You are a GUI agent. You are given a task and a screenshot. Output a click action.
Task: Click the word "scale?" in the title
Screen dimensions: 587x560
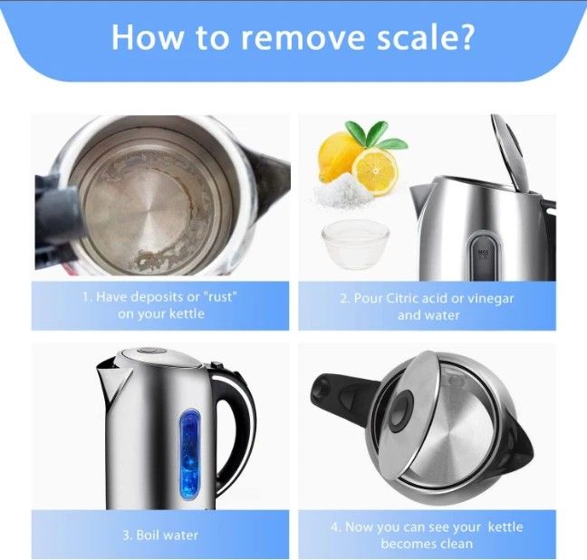[425, 37]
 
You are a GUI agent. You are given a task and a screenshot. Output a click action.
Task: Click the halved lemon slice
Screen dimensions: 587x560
[374, 171]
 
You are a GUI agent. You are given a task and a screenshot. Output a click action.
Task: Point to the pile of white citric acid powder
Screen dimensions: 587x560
[342, 192]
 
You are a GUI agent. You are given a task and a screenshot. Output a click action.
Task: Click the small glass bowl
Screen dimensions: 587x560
[355, 244]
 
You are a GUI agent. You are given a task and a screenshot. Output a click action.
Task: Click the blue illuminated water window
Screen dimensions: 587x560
[189, 454]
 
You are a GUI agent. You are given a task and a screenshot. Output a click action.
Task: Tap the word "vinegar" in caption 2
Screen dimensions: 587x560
[491, 299]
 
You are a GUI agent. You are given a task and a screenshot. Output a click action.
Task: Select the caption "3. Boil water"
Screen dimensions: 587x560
[160, 535]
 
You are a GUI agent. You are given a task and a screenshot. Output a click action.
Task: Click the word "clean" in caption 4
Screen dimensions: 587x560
[454, 544]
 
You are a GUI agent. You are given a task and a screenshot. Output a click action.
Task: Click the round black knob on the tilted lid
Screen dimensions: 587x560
[400, 411]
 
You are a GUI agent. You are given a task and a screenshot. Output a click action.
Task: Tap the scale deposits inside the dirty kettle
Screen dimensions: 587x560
[168, 258]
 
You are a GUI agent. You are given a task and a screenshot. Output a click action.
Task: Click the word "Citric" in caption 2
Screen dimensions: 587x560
[402, 298]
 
